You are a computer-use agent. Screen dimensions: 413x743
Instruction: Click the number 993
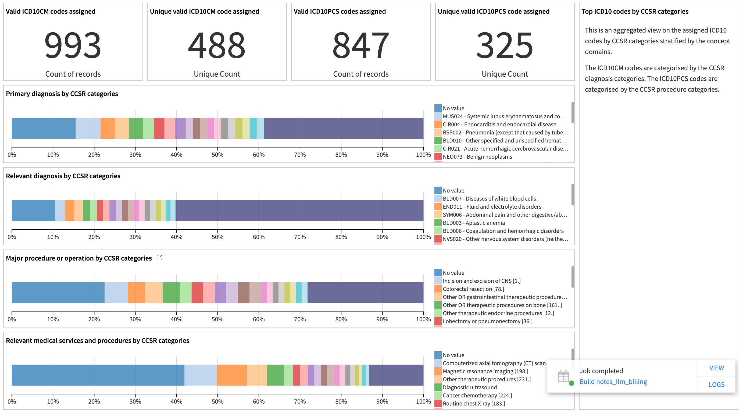point(73,45)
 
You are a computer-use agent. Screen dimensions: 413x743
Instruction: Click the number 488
point(217,45)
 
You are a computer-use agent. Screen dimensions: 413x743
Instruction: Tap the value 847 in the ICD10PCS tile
point(360,45)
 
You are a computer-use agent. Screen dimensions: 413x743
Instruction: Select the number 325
point(505,45)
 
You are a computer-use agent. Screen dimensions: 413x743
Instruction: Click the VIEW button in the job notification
point(716,368)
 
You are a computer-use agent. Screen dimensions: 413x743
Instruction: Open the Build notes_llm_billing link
point(613,382)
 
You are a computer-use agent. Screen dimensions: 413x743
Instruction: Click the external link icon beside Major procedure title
point(159,258)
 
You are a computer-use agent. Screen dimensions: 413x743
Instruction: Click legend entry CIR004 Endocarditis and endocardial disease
point(499,124)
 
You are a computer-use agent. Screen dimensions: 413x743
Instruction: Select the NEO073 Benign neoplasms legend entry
point(477,156)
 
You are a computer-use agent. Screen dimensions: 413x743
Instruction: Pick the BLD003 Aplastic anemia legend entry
point(473,223)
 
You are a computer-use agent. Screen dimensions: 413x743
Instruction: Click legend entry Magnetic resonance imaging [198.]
point(485,371)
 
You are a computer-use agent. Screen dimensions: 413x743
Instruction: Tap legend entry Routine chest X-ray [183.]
point(474,404)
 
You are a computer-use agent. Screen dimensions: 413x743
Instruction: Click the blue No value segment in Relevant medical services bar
point(98,375)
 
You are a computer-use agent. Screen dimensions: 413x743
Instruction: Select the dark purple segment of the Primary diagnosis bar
point(343,128)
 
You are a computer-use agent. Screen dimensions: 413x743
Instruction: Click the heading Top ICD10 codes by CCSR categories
point(635,11)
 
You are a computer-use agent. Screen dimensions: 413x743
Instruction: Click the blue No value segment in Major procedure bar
point(58,293)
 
